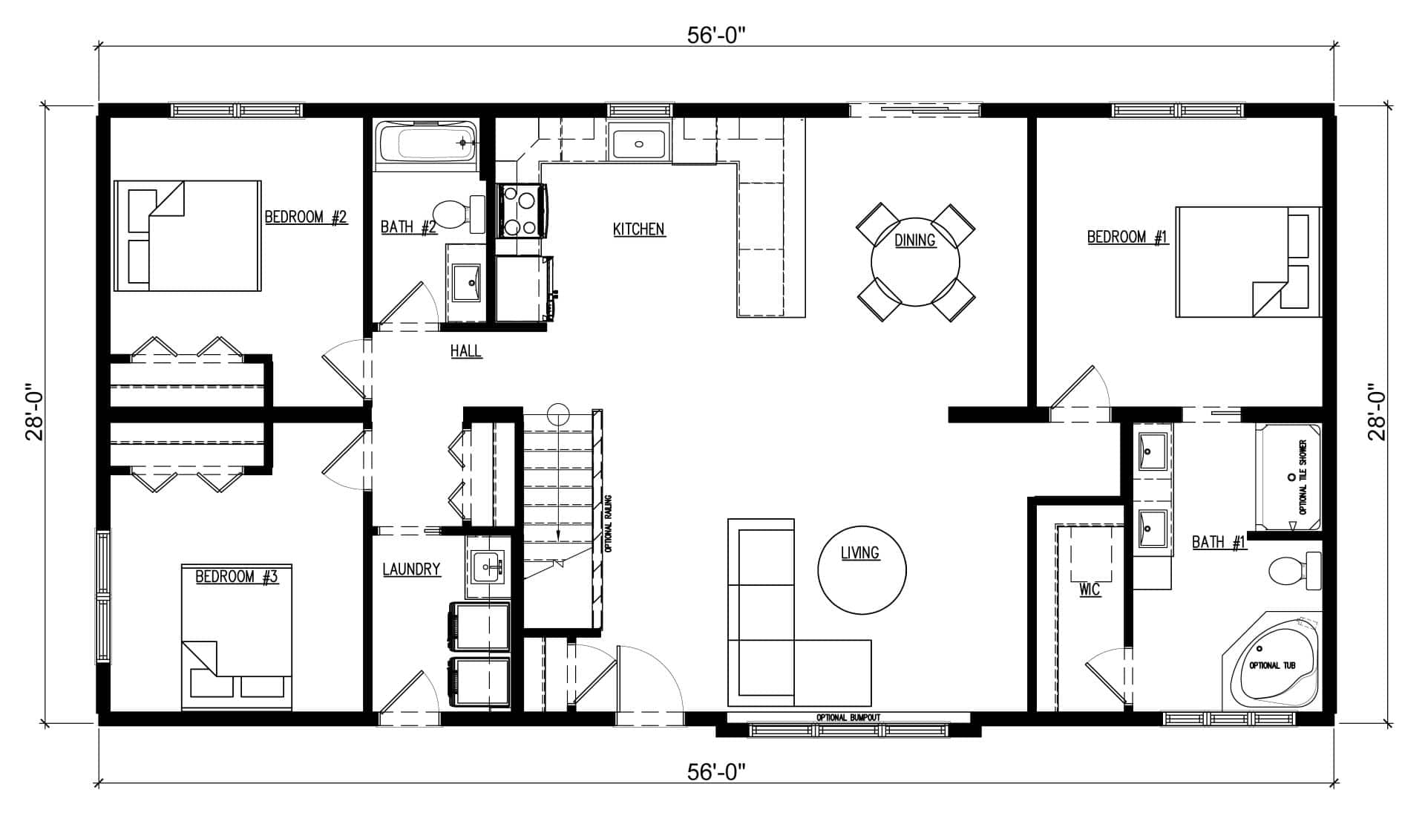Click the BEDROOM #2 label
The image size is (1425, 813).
click(306, 218)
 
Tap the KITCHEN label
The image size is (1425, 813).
click(638, 229)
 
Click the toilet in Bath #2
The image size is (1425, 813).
click(457, 213)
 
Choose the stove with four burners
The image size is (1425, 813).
click(522, 211)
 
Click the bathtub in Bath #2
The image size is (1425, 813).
click(427, 144)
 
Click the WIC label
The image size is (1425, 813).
click(1090, 590)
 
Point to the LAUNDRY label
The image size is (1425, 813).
click(411, 569)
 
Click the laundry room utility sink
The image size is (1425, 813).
click(488, 569)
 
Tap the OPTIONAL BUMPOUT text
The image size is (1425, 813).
click(848, 718)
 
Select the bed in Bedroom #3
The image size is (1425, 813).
click(237, 637)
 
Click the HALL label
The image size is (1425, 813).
click(466, 351)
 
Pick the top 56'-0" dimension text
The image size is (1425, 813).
click(715, 37)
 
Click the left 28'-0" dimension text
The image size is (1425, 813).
click(36, 413)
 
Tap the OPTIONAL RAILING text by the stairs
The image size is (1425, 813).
click(608, 523)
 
